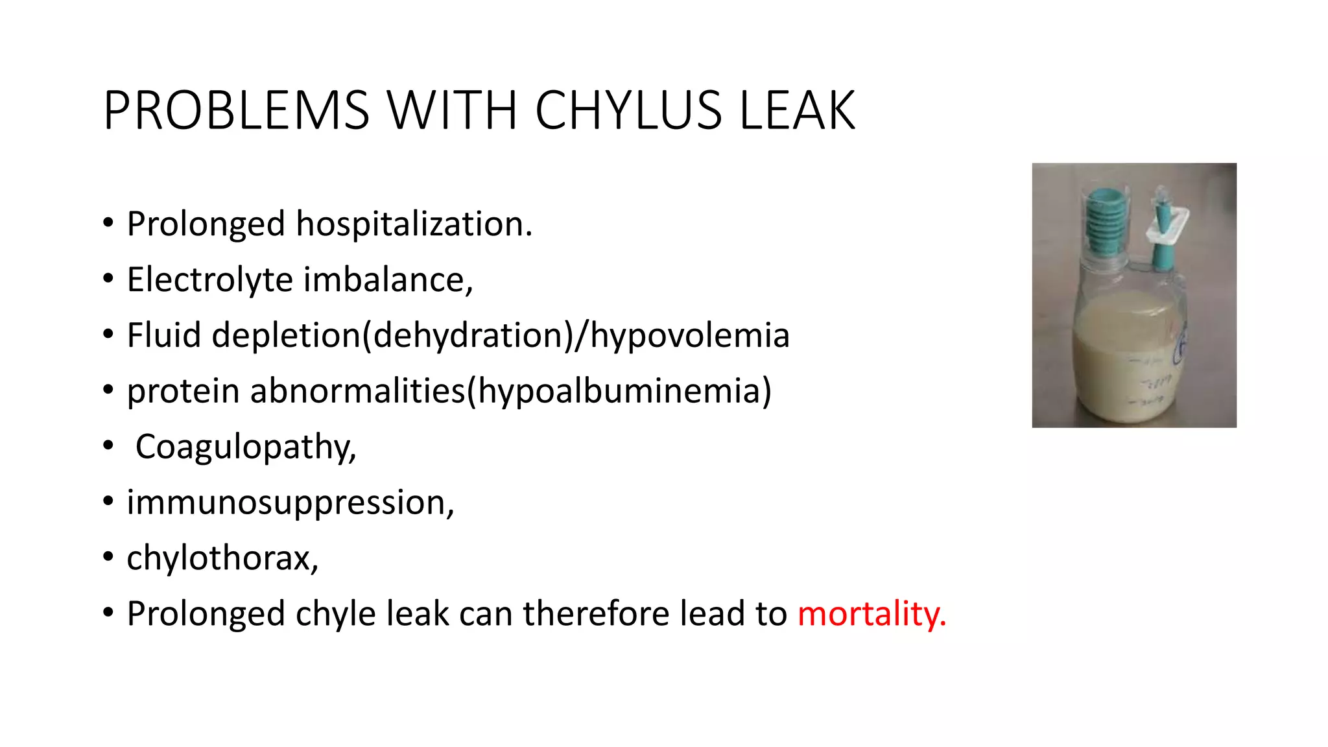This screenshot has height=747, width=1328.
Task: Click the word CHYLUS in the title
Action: (x=627, y=110)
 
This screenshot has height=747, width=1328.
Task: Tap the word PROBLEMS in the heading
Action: (x=236, y=110)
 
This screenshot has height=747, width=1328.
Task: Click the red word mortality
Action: (x=871, y=613)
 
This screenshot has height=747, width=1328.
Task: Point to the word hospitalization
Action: (x=414, y=224)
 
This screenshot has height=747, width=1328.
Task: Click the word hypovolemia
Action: (x=689, y=335)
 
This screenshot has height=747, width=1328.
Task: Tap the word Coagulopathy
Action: (x=246, y=447)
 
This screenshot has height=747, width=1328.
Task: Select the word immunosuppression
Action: (x=290, y=503)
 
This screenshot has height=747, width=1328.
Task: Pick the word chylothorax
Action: (x=222, y=558)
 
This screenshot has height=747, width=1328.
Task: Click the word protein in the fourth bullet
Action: (x=183, y=391)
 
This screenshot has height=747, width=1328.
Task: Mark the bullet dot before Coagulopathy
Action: (x=108, y=446)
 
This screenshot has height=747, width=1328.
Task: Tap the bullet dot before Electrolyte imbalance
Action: (x=108, y=279)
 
